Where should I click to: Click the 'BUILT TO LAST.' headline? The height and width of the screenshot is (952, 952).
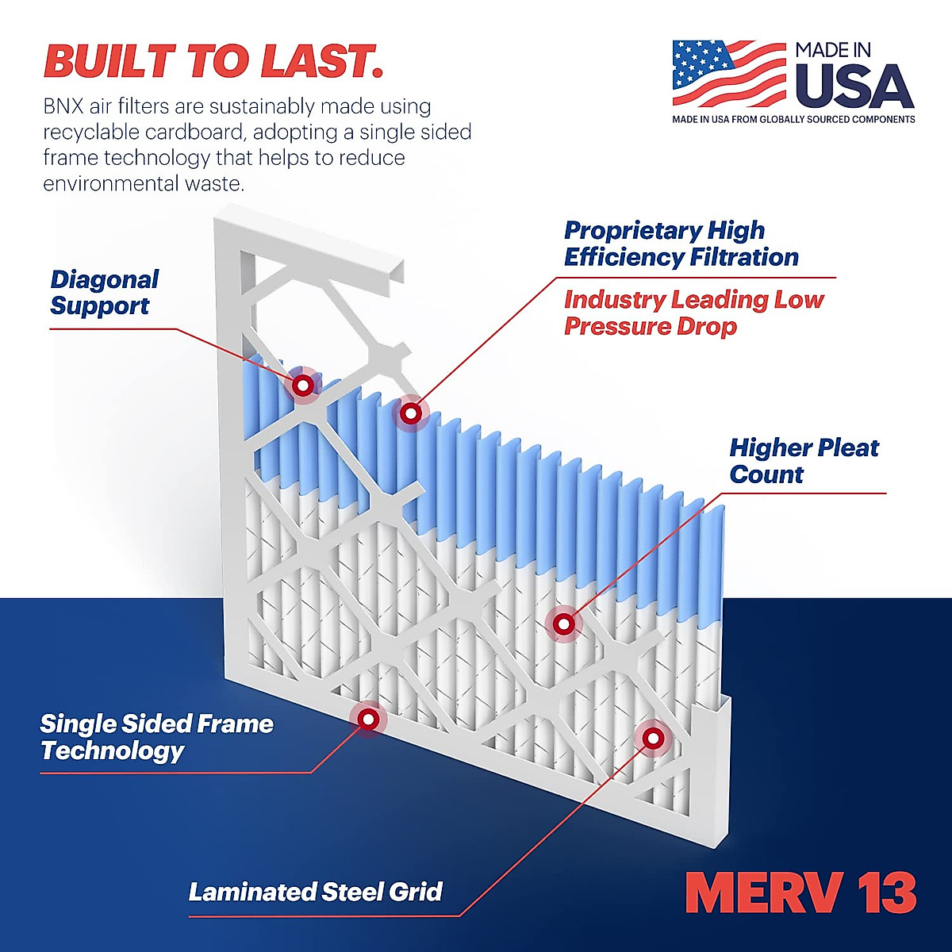coord(213,61)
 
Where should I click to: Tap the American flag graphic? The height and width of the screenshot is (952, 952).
coord(728,73)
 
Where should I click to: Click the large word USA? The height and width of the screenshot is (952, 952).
coord(854,86)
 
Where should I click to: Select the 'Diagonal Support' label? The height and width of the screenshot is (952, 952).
coord(104,293)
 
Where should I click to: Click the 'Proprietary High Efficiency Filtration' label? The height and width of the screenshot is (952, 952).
coord(681,244)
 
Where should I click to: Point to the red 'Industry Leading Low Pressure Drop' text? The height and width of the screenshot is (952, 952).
coord(693,313)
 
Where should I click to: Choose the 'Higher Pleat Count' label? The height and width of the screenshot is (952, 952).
coord(804,461)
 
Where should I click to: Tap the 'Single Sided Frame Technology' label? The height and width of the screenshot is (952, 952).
coord(156,737)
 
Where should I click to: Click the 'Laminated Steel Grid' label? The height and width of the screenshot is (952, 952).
coord(315,892)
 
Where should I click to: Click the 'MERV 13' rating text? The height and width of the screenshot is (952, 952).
coord(800,893)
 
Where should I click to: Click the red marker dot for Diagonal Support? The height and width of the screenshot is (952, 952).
coord(302,386)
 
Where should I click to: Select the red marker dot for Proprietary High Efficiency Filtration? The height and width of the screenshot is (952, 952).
coord(410,413)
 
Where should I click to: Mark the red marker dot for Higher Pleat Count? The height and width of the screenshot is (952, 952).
coord(563,624)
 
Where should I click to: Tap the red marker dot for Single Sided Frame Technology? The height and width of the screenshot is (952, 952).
coord(367,719)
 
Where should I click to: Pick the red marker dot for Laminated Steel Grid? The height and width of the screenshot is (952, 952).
coord(652,739)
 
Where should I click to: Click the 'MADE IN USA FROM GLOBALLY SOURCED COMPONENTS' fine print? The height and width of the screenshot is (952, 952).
coord(793,120)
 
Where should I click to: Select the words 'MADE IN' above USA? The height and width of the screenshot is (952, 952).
coord(833,50)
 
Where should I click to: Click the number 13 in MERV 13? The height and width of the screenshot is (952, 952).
coord(887,893)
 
